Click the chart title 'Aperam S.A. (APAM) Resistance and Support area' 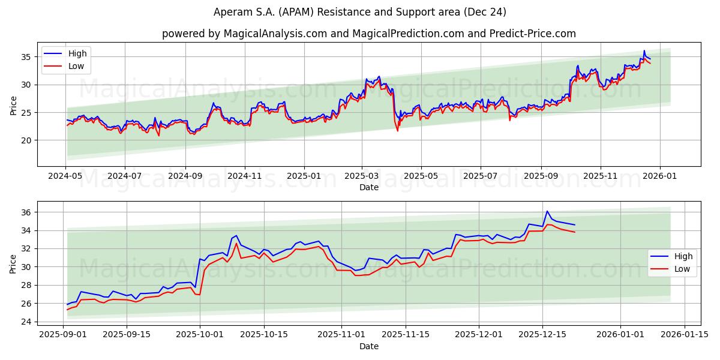click(x=360, y=12)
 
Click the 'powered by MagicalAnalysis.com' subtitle click(x=368, y=34)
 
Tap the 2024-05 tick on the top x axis click(x=66, y=176)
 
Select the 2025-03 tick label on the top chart click(x=362, y=176)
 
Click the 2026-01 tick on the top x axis click(x=660, y=176)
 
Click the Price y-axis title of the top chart click(x=13, y=104)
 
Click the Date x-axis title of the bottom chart click(x=368, y=346)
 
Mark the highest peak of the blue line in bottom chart click(x=547, y=211)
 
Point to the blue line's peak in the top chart click(x=644, y=51)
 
